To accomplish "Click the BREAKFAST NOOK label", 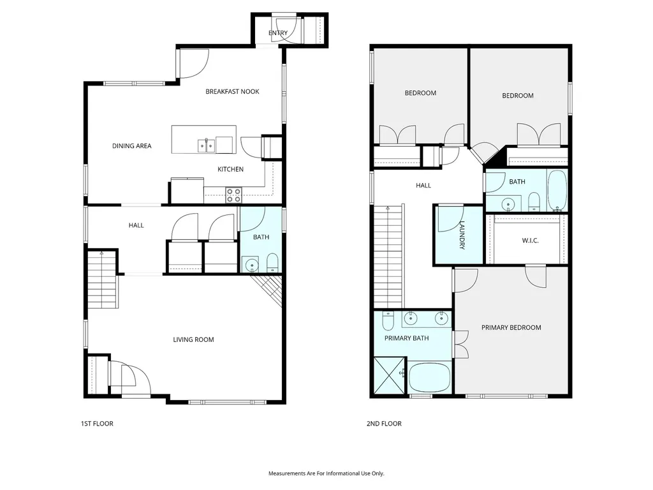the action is coord(232,91).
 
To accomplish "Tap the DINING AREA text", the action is coord(131,146).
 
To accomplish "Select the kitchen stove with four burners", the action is coord(233,195).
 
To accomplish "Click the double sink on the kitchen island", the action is coord(206,146).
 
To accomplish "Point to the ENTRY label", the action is coord(278,33).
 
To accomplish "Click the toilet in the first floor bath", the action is coord(272,262).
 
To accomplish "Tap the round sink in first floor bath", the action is coord(252,265).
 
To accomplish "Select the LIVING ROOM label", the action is coord(194,339).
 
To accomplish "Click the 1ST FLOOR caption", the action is coord(97,424).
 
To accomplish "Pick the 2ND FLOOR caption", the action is coord(384,424).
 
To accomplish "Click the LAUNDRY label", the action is coord(462,235).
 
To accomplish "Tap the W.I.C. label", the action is coord(530,241).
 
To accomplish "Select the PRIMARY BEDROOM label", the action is coord(511,327).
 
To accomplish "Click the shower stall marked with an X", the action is coord(390,375).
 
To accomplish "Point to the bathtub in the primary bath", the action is coord(430,378).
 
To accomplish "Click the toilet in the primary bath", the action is coord(388,320).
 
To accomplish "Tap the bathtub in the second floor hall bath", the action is coord(557,190).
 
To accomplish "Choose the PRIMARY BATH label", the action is coord(406,338).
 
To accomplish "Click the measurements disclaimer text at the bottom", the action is coord(326,473).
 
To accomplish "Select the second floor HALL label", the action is coord(423,186).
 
